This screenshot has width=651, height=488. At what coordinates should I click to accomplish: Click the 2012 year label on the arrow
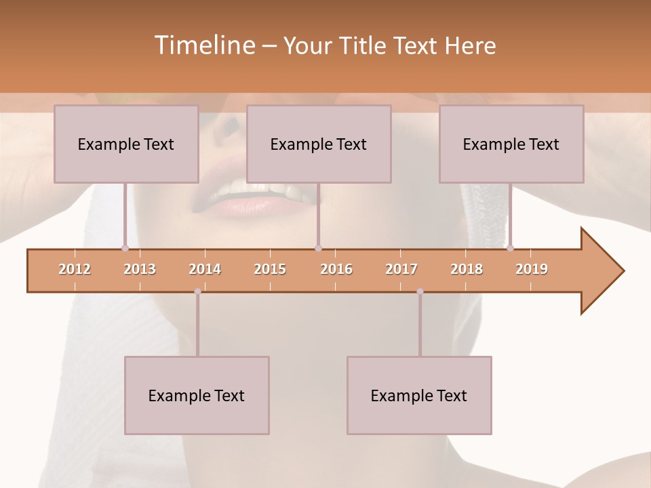[75, 269]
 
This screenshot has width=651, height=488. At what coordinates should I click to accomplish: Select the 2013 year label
[140, 269]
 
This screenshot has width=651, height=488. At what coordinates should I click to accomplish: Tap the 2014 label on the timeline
[205, 269]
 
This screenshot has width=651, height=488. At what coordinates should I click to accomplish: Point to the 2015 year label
[270, 269]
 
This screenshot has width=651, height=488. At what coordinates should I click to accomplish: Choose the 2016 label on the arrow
[336, 269]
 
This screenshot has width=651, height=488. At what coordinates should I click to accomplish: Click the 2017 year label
[401, 269]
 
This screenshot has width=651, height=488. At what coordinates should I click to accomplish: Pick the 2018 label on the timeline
[467, 269]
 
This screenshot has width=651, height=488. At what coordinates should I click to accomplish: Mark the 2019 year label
[532, 269]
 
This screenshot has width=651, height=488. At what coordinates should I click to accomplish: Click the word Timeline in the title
[203, 45]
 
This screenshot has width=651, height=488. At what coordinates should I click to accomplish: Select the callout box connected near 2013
[126, 144]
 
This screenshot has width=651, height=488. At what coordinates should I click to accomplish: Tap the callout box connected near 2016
[319, 144]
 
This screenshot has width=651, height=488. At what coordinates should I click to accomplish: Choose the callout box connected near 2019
[511, 144]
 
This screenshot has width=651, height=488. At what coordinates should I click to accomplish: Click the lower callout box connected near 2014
[197, 395]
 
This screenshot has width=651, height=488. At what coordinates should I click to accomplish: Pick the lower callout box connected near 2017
[419, 395]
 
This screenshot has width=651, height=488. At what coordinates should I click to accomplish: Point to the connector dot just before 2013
[125, 248]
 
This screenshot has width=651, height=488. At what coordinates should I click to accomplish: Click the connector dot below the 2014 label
[197, 291]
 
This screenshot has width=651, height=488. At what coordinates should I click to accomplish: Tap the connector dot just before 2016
[318, 248]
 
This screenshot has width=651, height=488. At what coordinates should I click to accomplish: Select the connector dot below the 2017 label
[420, 291]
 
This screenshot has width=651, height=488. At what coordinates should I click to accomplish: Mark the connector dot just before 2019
[510, 248]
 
